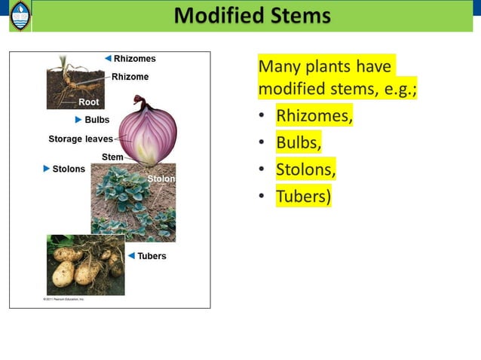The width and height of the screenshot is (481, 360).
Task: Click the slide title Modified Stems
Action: [252, 15]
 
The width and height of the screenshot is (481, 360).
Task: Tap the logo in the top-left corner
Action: [20, 16]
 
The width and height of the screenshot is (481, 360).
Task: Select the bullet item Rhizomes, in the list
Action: [314, 117]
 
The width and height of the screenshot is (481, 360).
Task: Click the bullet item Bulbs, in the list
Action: [299, 143]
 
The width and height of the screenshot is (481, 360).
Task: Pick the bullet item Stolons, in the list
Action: [305, 169]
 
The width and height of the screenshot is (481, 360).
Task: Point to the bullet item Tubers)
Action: [303, 196]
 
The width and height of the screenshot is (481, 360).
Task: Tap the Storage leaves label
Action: [80, 139]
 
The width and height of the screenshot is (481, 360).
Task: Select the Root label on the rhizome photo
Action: [88, 102]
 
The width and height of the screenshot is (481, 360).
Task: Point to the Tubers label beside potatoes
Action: [152, 256]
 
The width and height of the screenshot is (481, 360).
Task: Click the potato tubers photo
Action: [85, 265]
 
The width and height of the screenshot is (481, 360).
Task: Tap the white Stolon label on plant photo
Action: [161, 179]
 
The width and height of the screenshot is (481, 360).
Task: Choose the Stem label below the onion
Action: [112, 157]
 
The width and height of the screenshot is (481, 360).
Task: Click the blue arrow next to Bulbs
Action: [78, 120]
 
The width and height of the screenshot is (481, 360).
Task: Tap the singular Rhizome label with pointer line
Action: [130, 77]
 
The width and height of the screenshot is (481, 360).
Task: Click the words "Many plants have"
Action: [325, 66]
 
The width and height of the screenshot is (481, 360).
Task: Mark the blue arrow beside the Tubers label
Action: [131, 256]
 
